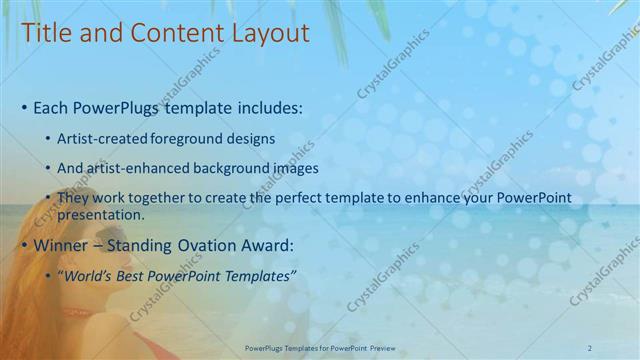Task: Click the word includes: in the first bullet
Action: point(264,107)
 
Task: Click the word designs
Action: point(251,138)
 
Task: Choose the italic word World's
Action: point(91,275)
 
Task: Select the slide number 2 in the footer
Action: point(590,348)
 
